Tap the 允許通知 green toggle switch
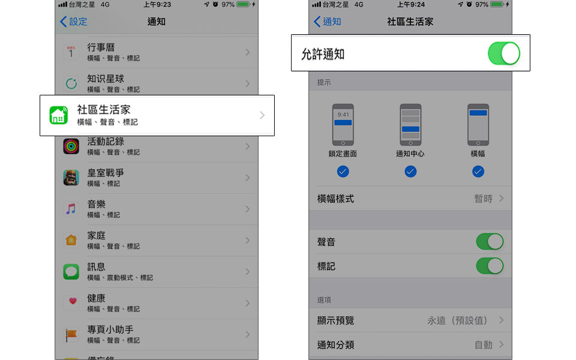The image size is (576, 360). tap(503, 53)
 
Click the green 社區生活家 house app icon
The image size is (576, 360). tap(59, 115)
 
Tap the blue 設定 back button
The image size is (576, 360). tap(73, 22)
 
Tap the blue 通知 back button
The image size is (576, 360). tap(328, 22)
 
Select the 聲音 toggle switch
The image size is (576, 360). tap(490, 242)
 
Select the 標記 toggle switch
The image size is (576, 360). tap(490, 266)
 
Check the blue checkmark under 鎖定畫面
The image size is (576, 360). tap(343, 172)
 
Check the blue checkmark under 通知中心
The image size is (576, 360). tap(410, 172)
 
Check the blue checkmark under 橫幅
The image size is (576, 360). tap(478, 172)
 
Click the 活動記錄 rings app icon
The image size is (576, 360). tap(71, 146)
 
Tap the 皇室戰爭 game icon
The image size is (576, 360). tap(71, 178)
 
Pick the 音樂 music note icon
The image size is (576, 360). tap(71, 209)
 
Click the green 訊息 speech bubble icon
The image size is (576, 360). tap(71, 272)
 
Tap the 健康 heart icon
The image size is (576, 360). tap(71, 303)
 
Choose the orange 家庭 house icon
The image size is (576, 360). tap(71, 240)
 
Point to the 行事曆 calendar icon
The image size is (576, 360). tap(71, 52)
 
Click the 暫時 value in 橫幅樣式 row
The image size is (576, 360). tap(483, 199)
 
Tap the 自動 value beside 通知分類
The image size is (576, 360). tap(483, 345)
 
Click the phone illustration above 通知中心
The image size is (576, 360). tap(410, 125)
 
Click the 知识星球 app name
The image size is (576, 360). tap(106, 79)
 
